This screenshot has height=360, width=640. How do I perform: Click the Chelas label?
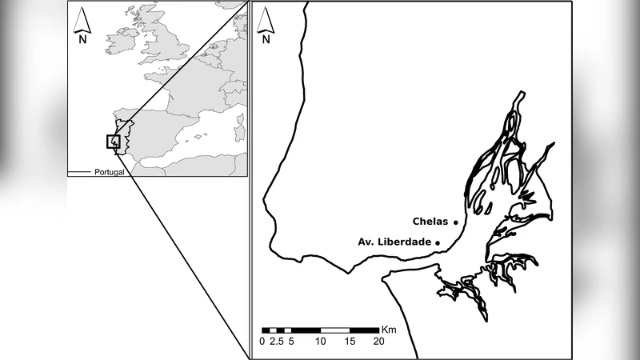[430, 222]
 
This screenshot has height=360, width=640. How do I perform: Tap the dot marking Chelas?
[456, 222]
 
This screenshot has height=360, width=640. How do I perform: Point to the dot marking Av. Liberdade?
[438, 241]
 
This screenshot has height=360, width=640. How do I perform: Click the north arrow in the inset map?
[82, 19]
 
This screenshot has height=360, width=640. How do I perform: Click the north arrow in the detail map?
[266, 21]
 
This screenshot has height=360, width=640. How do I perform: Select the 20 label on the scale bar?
[378, 342]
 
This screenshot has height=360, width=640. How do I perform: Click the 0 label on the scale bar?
[262, 342]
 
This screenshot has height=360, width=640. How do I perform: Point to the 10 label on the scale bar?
[321, 342]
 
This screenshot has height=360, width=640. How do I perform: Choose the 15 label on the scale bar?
[350, 342]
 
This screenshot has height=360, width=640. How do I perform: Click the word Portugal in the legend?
[109, 172]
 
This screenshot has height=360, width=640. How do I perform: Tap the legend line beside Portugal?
[78, 172]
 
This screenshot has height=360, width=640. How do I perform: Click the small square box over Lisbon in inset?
[113, 142]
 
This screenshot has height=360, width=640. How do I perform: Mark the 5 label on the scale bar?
[290, 342]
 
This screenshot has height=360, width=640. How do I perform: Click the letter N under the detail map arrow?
[266, 38]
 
